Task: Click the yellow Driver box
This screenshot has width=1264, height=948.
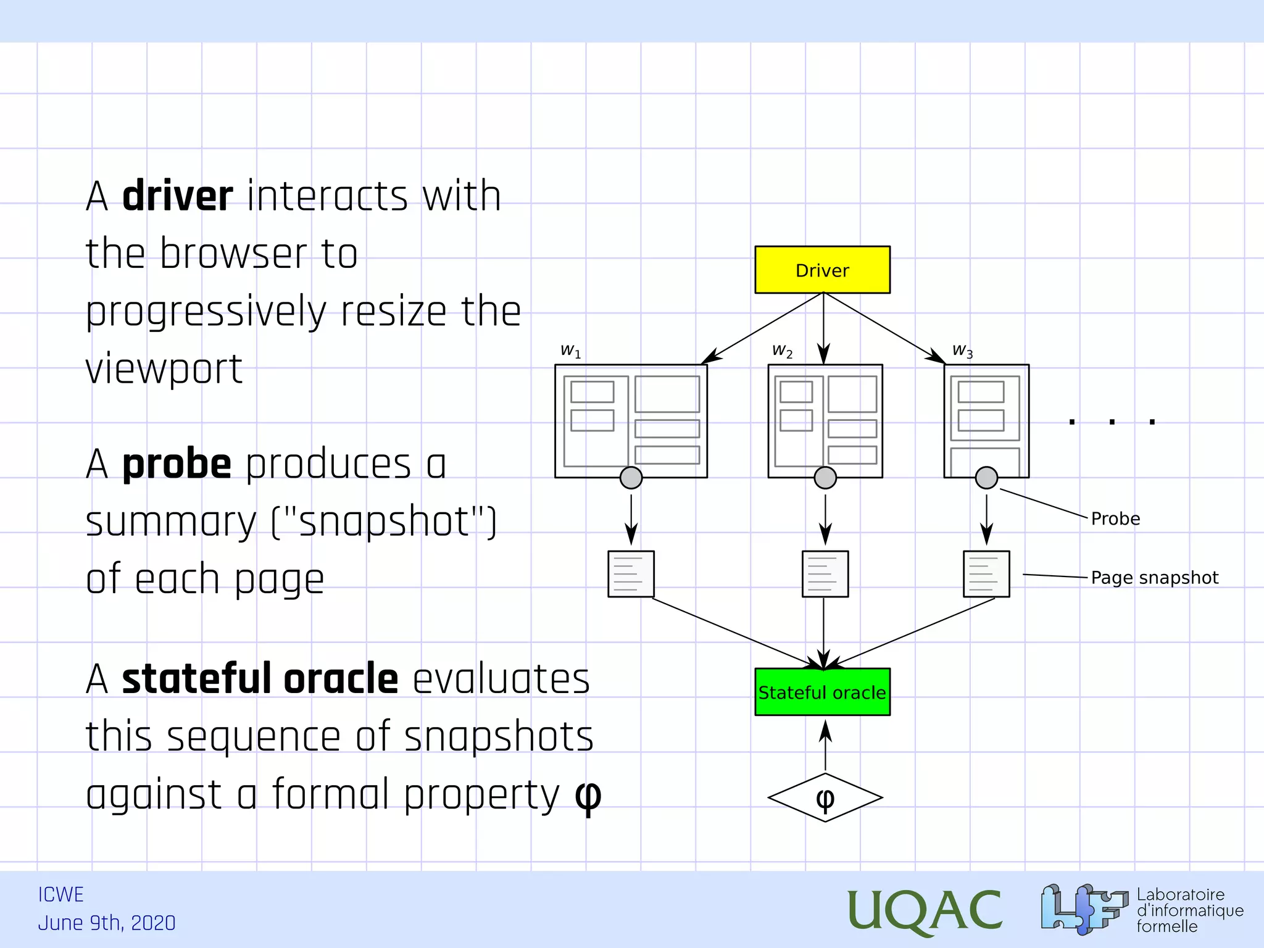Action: (822, 270)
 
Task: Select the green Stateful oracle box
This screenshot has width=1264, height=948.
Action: (822, 692)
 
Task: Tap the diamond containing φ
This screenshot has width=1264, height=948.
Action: (825, 797)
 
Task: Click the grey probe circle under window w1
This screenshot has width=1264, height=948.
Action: (631, 478)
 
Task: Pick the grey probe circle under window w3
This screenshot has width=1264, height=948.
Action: (986, 478)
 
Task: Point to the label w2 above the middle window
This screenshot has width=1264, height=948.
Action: (782, 351)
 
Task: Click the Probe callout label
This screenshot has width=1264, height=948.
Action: (1115, 518)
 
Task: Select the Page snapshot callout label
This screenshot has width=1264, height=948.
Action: (1154, 578)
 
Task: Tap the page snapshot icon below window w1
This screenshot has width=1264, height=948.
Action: (631, 574)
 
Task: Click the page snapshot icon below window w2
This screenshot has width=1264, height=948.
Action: (825, 574)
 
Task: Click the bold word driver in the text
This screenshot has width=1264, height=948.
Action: (178, 196)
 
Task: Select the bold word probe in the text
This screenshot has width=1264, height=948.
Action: (177, 465)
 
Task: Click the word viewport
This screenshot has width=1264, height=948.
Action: (164, 369)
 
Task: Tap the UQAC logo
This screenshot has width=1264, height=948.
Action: (924, 910)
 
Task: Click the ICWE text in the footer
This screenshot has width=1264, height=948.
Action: (60, 894)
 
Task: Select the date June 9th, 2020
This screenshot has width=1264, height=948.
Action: (107, 923)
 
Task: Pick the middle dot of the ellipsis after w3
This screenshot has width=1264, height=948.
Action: (1112, 422)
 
